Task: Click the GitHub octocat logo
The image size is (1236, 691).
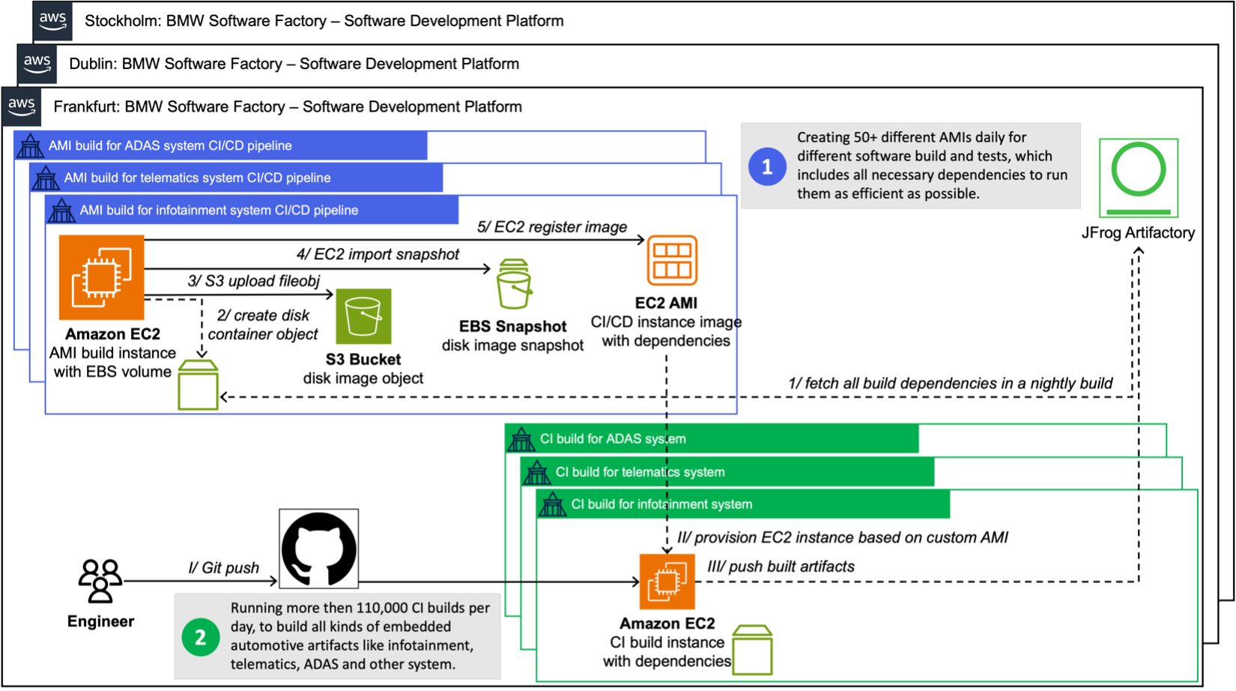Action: (318, 549)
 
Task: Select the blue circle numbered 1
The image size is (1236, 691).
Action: (766, 166)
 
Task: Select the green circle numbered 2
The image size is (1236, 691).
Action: (200, 637)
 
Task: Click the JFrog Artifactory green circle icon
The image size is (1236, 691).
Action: (1138, 177)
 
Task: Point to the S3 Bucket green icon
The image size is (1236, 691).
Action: (363, 316)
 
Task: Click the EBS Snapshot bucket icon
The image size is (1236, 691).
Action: (514, 285)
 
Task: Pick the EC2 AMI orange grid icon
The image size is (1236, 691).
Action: (672, 260)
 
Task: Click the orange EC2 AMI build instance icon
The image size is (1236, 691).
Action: (101, 277)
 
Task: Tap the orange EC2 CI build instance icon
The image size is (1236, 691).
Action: (667, 582)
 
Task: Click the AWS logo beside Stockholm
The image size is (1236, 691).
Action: (52, 20)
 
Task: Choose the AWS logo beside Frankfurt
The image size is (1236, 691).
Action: (21, 106)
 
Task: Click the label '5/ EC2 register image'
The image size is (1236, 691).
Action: (551, 227)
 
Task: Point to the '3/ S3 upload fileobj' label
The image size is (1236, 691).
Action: (253, 281)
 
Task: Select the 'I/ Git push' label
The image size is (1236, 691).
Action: (223, 567)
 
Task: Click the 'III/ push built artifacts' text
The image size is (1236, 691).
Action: (781, 567)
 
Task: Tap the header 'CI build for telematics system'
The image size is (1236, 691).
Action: (640, 472)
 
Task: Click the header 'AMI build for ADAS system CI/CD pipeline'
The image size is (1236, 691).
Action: (170, 145)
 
